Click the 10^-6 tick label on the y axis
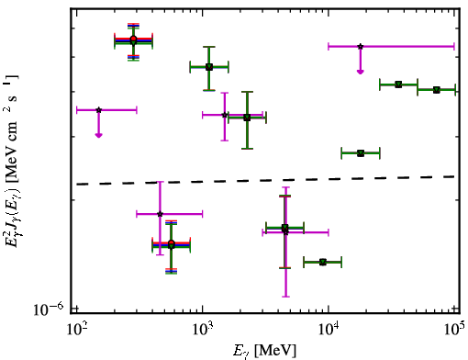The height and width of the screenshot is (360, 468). tap(48, 309)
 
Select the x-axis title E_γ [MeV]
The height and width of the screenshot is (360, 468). tap(264, 351)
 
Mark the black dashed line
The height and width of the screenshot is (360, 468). tap(265, 180)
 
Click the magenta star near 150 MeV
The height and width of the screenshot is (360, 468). tap(98, 110)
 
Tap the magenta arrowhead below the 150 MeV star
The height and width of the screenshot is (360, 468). tap(98, 135)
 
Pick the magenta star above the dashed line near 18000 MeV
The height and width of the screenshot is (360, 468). tap(361, 47)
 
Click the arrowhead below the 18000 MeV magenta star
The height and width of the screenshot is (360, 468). tap(361, 72)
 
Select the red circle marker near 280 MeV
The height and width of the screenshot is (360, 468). tap(133, 39)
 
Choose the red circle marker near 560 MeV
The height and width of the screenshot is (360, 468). tap(172, 243)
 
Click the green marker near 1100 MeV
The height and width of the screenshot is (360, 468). tap(209, 67)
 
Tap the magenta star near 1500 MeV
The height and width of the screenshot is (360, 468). tap(225, 115)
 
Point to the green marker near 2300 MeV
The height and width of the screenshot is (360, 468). tap(247, 118)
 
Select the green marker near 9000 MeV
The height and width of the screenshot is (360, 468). tap(323, 262)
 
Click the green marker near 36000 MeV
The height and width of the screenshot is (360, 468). tap(398, 84)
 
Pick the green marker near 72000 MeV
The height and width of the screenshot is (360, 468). tap(437, 90)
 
